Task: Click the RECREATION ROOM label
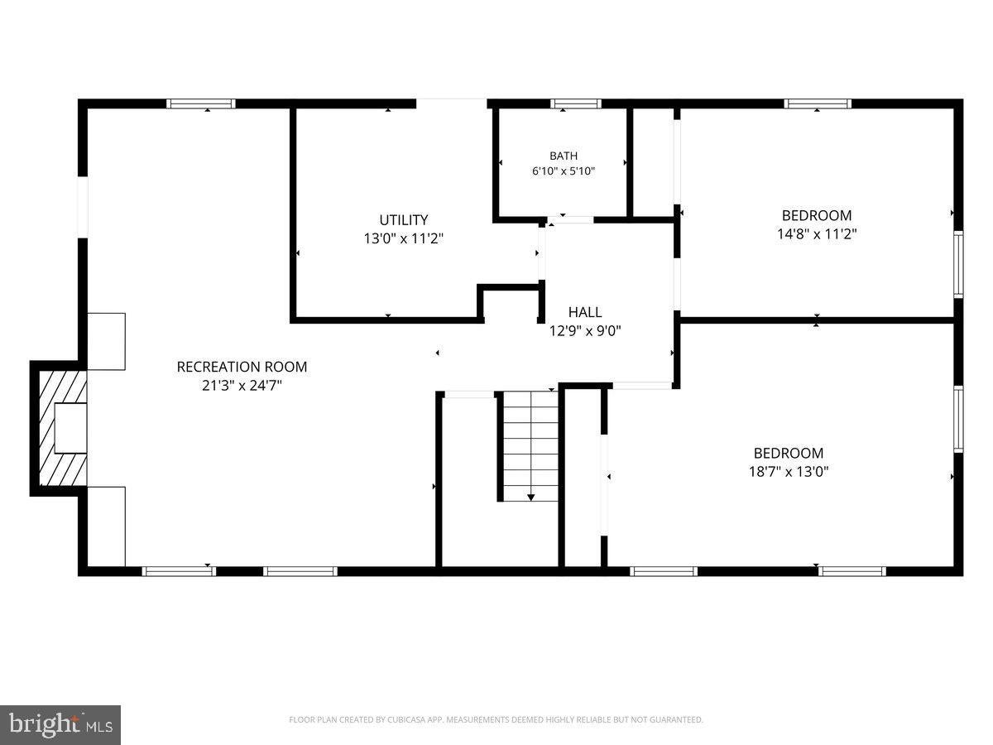tap(242, 367)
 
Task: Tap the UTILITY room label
tap(403, 220)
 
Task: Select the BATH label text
tap(564, 156)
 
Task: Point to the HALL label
tap(585, 312)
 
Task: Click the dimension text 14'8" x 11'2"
tap(817, 234)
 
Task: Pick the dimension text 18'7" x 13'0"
tap(788, 472)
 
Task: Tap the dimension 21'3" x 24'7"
tap(242, 386)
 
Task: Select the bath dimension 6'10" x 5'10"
tap(564, 171)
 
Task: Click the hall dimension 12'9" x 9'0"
tap(585, 331)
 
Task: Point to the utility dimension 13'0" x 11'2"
tap(403, 238)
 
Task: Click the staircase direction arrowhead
tap(530, 497)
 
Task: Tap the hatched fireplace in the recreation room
tap(63, 428)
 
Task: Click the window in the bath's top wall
tap(575, 103)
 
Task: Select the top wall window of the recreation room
tap(201, 103)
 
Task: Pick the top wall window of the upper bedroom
tap(817, 103)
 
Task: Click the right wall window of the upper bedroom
tap(958, 264)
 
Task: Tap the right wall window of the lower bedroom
tap(958, 419)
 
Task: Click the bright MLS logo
tap(60, 725)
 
